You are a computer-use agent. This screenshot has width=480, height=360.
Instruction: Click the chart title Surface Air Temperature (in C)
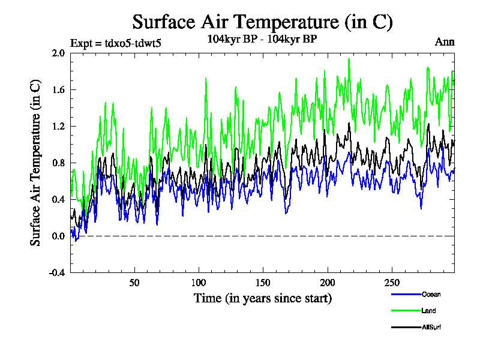(262, 22)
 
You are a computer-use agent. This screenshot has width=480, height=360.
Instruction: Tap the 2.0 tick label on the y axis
(58, 53)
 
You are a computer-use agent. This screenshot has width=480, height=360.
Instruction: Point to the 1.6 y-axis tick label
(58, 89)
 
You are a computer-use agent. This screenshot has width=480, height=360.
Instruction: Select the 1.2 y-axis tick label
(58, 126)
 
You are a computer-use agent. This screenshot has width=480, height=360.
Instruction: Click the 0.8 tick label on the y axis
(58, 163)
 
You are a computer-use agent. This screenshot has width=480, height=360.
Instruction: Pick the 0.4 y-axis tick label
(58, 199)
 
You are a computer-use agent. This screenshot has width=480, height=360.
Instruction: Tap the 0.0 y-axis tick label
(58, 236)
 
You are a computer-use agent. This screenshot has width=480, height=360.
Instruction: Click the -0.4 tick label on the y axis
(57, 272)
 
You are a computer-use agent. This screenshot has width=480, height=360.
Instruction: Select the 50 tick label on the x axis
(134, 283)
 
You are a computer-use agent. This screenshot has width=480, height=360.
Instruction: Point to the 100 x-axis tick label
(199, 283)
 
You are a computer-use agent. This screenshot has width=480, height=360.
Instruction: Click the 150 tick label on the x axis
(263, 283)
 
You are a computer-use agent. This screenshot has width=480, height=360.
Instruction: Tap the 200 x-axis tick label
(328, 283)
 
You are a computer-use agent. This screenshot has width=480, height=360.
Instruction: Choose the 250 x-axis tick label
(392, 283)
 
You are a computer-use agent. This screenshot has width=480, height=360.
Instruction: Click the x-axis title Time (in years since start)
(262, 298)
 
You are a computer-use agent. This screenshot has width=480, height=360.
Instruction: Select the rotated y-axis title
(35, 163)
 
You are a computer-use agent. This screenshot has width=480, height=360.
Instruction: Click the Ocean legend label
(431, 294)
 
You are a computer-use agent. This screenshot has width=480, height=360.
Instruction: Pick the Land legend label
(428, 311)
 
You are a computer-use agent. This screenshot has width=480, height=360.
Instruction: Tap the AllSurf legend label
(431, 328)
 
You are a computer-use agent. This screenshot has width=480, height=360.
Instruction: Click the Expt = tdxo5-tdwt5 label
(116, 43)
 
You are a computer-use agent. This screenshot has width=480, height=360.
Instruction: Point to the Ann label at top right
(445, 42)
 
